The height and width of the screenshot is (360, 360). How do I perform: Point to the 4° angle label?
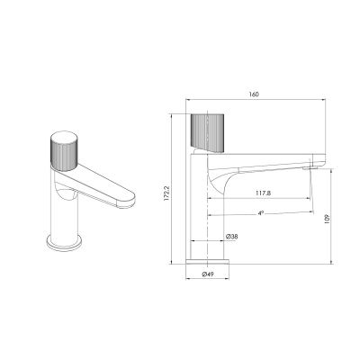pos(260,213)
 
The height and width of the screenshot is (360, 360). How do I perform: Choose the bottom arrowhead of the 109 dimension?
pos(334,262)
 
